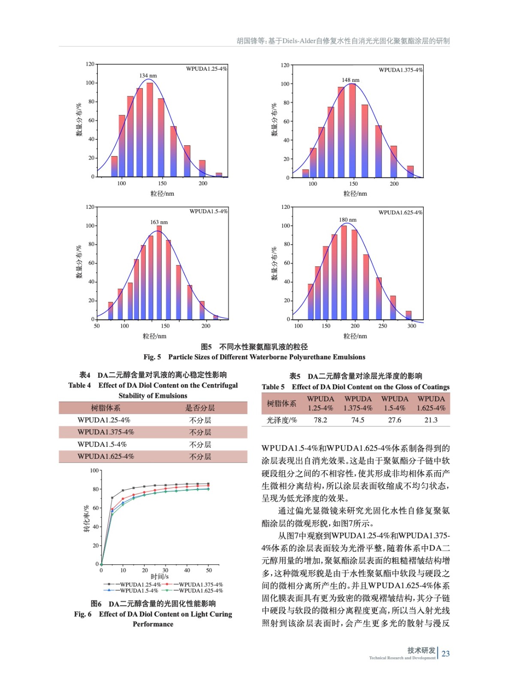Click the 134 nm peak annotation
coord(148,76)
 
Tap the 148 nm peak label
coord(350,80)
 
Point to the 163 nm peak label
coord(159,222)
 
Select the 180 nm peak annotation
coord(347,220)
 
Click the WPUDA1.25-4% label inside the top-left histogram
coord(206,69)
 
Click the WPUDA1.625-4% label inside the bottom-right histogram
coord(400,212)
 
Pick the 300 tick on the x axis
coord(411,326)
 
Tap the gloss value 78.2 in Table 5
coord(320,420)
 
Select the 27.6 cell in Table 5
coord(395,420)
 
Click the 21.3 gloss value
coord(431,420)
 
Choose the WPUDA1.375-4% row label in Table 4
coord(105,432)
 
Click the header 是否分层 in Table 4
coord(200,408)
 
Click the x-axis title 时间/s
coord(160,577)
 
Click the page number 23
coord(446,654)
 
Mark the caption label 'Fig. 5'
coord(152,357)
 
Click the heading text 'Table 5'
coord(273,387)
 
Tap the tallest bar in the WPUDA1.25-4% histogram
coord(150,129)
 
